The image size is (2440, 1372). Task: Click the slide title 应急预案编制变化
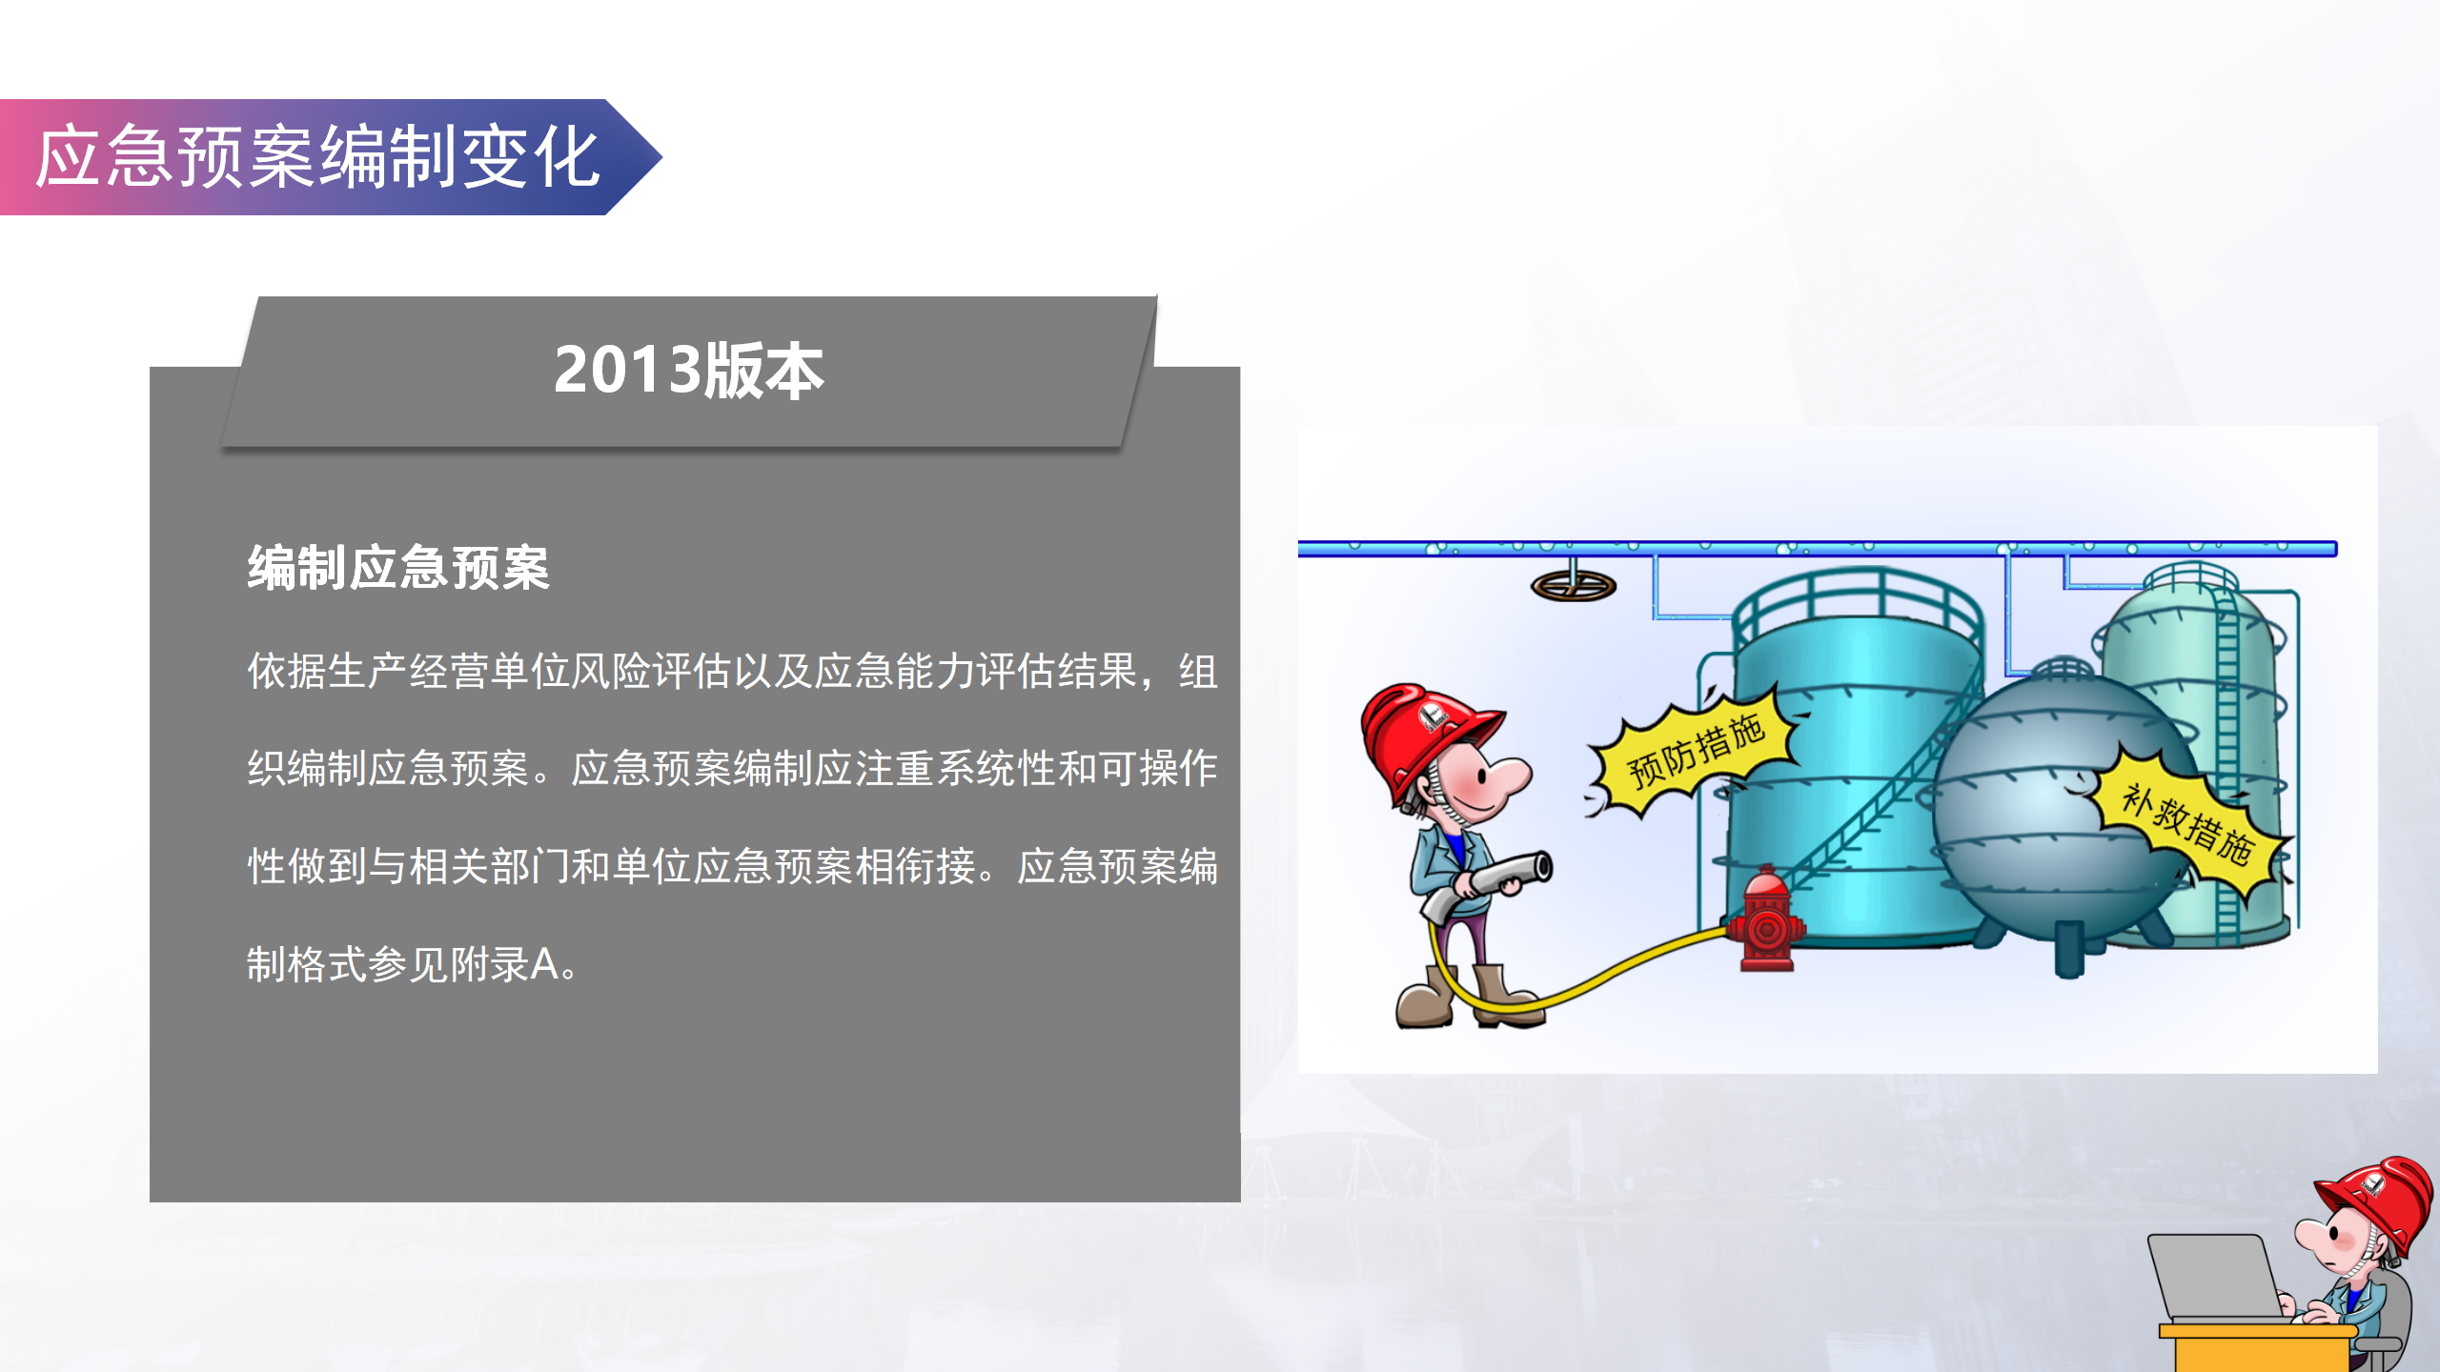tap(317, 157)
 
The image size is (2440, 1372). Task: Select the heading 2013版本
tap(688, 371)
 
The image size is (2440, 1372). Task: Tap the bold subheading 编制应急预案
tap(398, 569)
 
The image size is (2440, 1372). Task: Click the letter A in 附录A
tap(544, 964)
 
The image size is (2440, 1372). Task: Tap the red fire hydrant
tap(1766, 919)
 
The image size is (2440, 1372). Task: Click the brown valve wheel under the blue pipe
tap(1574, 585)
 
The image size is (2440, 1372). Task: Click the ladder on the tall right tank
tap(2226, 762)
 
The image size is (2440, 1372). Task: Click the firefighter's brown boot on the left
tap(1425, 998)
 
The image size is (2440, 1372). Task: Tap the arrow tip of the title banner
tap(661, 157)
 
